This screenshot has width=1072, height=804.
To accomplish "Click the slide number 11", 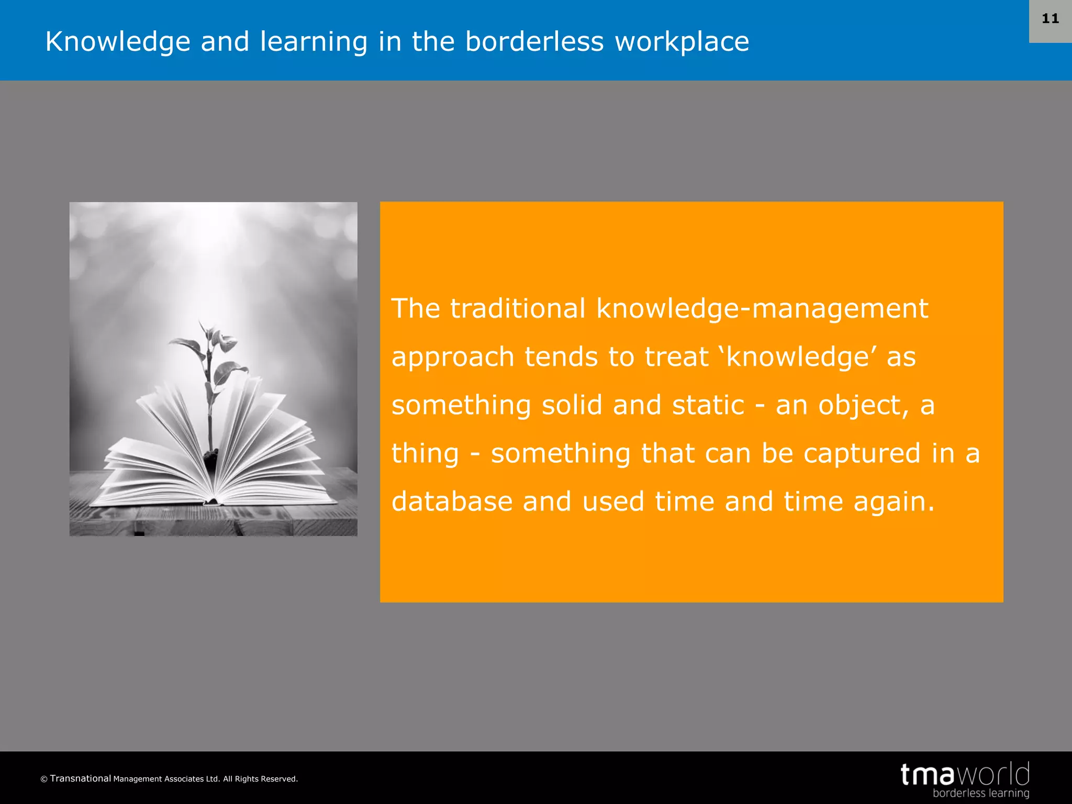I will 1050,19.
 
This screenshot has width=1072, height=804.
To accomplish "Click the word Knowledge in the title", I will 118,42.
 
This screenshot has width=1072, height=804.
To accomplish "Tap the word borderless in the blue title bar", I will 534,42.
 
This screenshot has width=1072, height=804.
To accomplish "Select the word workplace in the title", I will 682,42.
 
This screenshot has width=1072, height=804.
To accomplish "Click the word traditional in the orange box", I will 518,308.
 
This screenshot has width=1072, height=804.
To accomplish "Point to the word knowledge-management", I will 762,308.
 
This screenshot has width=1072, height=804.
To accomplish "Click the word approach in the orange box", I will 453,358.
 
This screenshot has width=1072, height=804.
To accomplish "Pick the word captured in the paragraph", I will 862,454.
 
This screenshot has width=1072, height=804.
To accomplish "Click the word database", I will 452,501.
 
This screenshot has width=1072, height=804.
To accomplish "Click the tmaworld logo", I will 965,774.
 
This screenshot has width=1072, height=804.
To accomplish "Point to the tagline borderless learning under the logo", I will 980,794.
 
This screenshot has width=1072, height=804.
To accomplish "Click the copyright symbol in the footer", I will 44,779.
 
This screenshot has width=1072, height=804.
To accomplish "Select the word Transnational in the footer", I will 81,778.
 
